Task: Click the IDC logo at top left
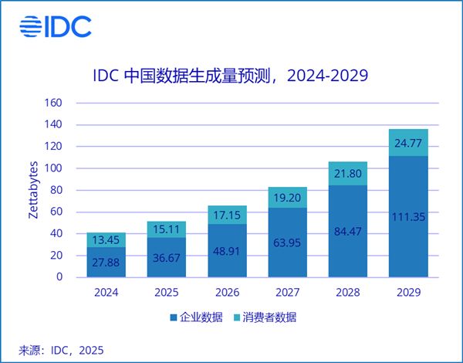click(x=56, y=25)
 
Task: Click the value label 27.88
click(x=106, y=264)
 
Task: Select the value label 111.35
click(x=407, y=217)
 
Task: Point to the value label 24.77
click(x=407, y=143)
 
